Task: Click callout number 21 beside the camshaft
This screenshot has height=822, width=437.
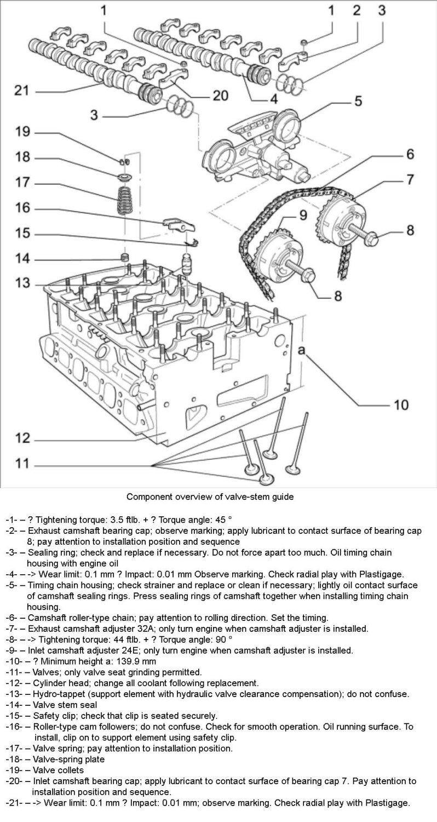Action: click(20, 90)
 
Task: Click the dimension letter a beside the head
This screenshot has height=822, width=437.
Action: click(301, 349)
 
